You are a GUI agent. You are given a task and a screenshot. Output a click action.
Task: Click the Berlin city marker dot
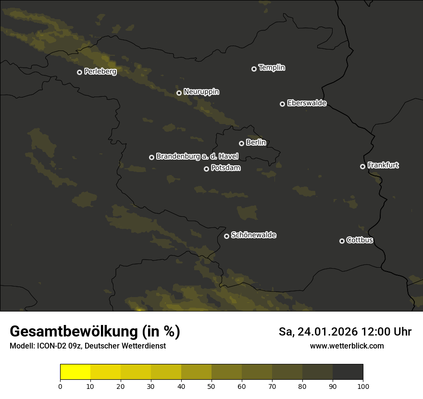(241, 143)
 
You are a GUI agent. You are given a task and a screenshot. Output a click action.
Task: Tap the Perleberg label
(100, 72)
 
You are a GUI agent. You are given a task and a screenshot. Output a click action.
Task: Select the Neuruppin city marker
(179, 93)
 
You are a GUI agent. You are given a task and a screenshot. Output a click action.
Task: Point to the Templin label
(272, 68)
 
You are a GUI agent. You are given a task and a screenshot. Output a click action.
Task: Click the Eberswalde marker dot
(282, 104)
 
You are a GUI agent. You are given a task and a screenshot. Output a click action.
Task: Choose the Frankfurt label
(383, 165)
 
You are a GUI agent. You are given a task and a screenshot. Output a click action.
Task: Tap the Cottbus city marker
(342, 241)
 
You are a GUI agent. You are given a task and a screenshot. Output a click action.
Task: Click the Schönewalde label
(253, 235)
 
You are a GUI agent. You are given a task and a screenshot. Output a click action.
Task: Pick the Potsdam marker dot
(206, 169)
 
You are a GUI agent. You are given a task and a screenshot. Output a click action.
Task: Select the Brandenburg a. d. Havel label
(197, 156)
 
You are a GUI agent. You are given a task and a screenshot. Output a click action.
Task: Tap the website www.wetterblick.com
(347, 346)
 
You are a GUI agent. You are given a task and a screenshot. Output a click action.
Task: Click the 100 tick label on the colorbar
(363, 386)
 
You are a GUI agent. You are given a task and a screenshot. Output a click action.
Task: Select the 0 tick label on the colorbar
(60, 386)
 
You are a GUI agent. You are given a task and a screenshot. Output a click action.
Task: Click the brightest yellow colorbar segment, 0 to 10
(75, 372)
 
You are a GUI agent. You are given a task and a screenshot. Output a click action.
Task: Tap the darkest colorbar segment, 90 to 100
(348, 372)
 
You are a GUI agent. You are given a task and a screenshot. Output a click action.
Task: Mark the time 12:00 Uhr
(387, 332)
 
